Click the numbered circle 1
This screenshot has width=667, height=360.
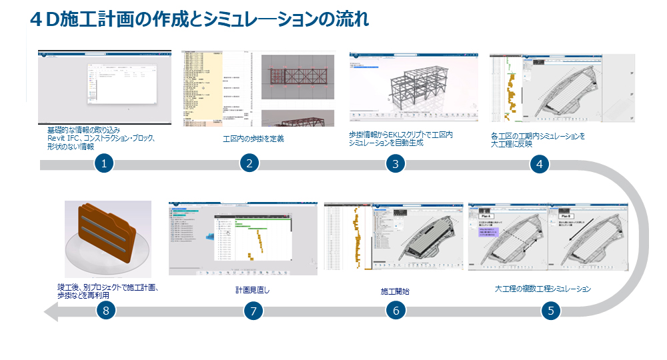[103, 164]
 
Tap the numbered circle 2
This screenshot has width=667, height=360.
[249, 164]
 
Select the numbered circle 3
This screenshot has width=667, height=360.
[396, 164]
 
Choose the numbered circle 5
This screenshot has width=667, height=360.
[550, 311]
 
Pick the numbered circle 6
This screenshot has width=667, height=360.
[396, 311]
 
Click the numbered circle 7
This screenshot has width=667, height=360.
[251, 311]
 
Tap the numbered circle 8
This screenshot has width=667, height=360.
[105, 311]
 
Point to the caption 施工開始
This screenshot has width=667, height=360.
[395, 291]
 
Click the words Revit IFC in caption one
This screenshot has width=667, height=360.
[63, 138]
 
